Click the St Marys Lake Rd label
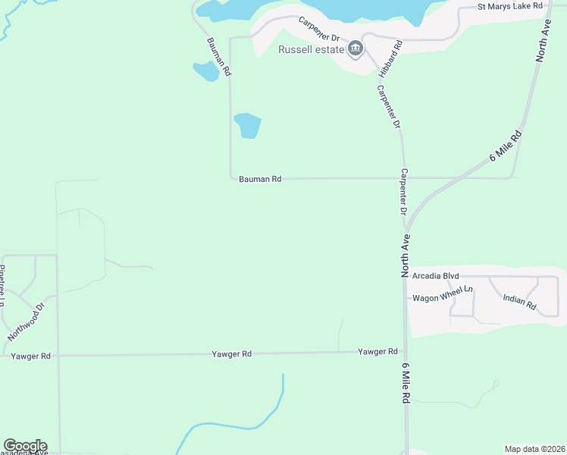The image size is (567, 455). click(509, 6)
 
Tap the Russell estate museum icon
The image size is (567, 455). click(355, 51)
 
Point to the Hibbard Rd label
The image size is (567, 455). click(391, 58)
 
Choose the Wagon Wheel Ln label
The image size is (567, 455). click(443, 298)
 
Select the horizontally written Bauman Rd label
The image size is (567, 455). click(260, 179)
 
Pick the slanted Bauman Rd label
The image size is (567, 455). click(218, 56)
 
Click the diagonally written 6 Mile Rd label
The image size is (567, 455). click(506, 146)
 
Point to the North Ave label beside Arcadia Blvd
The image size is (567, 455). click(406, 255)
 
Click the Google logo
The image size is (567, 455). click(25, 446)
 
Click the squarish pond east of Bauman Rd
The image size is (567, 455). click(248, 125)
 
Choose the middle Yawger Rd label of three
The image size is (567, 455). click(231, 354)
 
